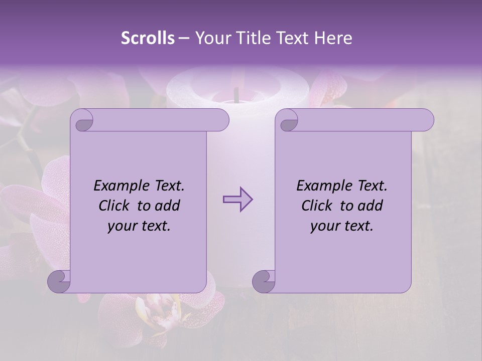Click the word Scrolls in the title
[148, 38]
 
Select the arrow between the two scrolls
[237, 200]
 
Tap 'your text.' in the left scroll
[139, 226]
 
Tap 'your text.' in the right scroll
[342, 226]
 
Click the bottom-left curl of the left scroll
[59, 281]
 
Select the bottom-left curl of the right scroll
[264, 281]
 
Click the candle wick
[235, 94]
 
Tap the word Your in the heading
[210, 38]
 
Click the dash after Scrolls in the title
[184, 38]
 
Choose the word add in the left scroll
[167, 206]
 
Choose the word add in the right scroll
[370, 206]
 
